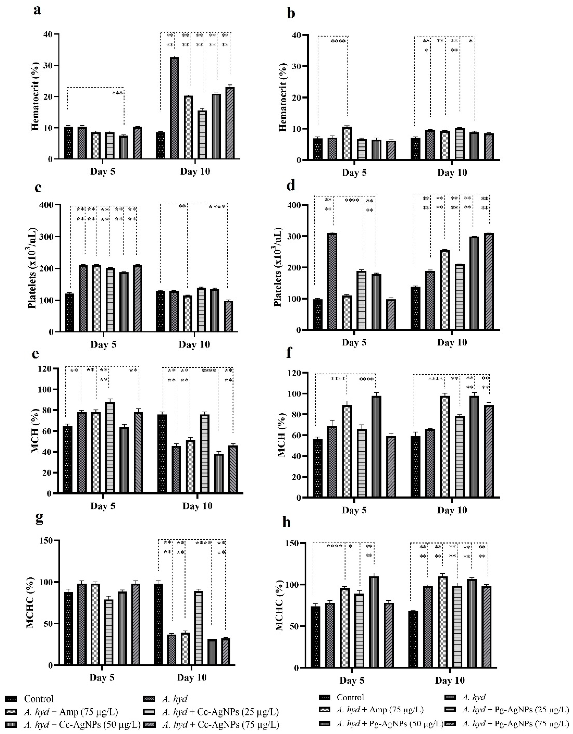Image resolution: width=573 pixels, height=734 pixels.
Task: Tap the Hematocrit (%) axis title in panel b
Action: pyautogui.click(x=283, y=97)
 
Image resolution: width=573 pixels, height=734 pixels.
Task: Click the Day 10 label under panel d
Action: pyautogui.click(x=452, y=343)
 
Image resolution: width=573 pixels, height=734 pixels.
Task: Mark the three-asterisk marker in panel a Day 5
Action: pyautogui.click(x=118, y=93)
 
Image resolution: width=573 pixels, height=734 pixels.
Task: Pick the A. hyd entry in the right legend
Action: pyautogui.click(x=474, y=697)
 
